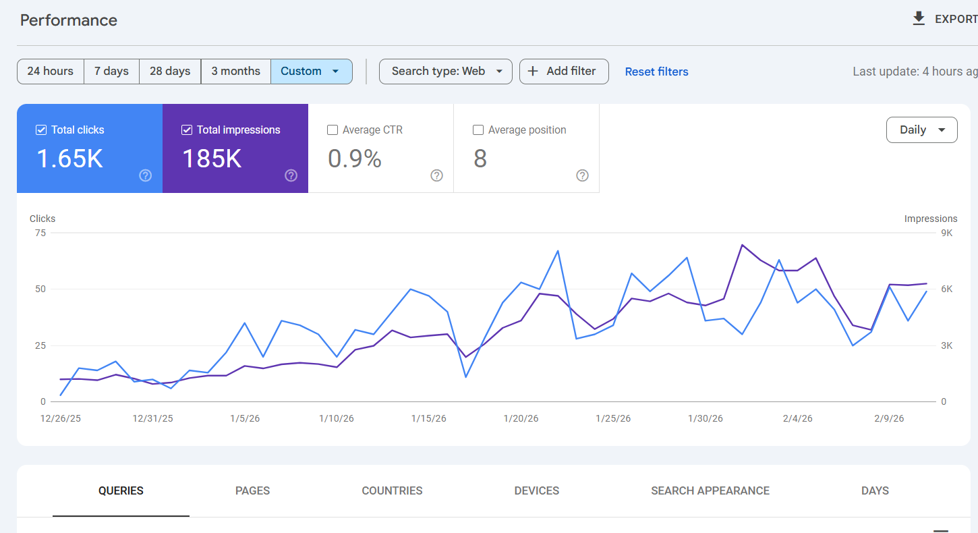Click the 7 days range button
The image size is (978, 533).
pyautogui.click(x=111, y=72)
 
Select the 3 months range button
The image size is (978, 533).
pyautogui.click(x=235, y=72)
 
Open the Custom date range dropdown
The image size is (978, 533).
pyautogui.click(x=311, y=72)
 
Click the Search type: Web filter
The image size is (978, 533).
pyautogui.click(x=445, y=72)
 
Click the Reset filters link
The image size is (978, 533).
pyautogui.click(x=656, y=72)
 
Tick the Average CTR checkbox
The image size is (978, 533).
pyautogui.click(x=333, y=130)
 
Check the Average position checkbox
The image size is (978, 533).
pyautogui.click(x=478, y=130)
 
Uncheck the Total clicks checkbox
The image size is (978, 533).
pyautogui.click(x=41, y=130)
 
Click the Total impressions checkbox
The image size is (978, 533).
pyautogui.click(x=187, y=130)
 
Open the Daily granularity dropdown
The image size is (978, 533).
pyautogui.click(x=921, y=130)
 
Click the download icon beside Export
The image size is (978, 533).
pyautogui.click(x=919, y=19)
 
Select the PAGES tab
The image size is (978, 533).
pyautogui.click(x=252, y=491)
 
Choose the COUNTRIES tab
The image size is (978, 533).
pyautogui.click(x=392, y=491)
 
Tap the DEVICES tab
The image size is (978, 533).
pyautogui.click(x=536, y=491)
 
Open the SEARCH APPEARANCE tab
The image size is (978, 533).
pyautogui.click(x=710, y=491)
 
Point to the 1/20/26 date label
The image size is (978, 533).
pyautogui.click(x=521, y=419)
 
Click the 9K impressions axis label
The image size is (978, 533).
pyautogui.click(x=946, y=233)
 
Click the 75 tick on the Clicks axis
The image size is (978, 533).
pyautogui.click(x=40, y=233)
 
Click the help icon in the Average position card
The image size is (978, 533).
pyautogui.click(x=582, y=175)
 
